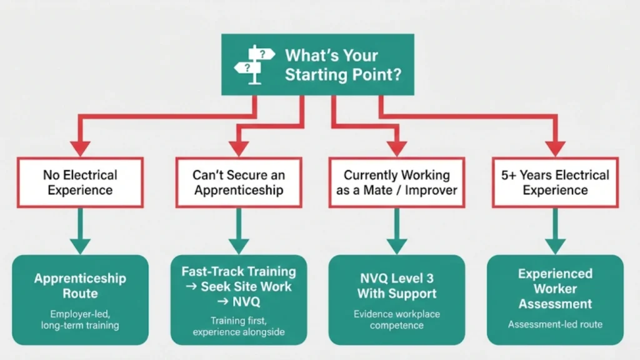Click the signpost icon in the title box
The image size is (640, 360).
point(253,64)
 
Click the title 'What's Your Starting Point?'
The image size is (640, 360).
point(342,64)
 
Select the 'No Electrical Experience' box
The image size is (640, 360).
point(80,182)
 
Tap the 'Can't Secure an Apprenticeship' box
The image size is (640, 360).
point(238,182)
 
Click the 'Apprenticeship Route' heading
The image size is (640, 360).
point(80,285)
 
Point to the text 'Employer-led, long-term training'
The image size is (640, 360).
point(80,319)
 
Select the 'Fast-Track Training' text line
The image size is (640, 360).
point(239,272)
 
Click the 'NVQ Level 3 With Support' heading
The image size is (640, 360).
point(396,285)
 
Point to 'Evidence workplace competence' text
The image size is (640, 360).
point(396,319)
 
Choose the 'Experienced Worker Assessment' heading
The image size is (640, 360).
point(554,289)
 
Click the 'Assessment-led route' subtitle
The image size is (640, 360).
point(554,324)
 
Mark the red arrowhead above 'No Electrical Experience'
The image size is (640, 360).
point(80,148)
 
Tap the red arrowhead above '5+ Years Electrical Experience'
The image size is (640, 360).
point(554,148)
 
